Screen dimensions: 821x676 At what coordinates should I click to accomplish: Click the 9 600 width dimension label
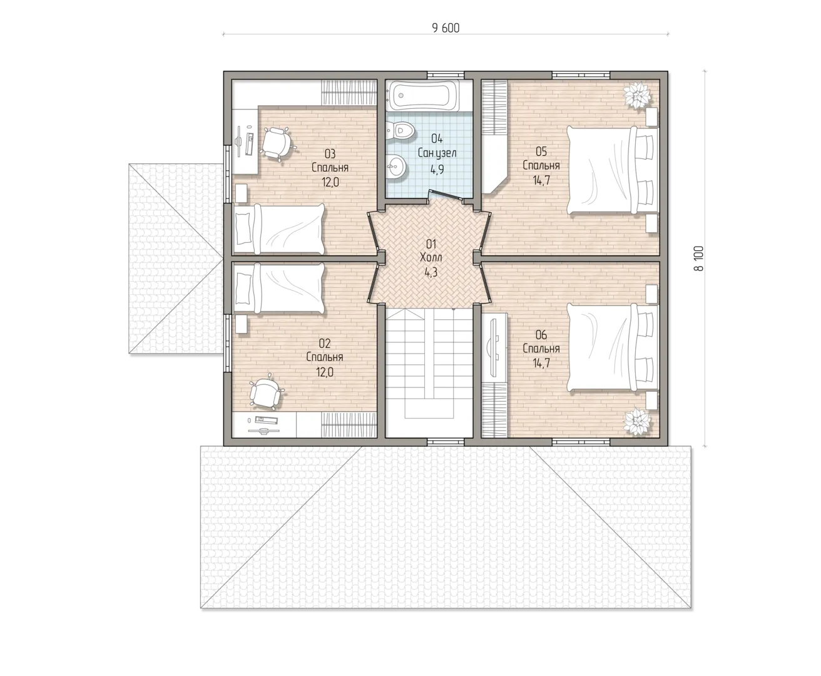(446, 28)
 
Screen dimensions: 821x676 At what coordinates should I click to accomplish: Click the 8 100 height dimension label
(699, 259)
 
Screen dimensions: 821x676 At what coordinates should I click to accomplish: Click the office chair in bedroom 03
(277, 143)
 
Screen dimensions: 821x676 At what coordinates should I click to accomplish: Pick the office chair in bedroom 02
(265, 392)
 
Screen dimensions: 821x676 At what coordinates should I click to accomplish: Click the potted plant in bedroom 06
(637, 422)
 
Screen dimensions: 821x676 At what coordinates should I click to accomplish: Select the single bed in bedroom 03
(278, 230)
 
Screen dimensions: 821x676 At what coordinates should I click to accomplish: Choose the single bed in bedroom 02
(278, 287)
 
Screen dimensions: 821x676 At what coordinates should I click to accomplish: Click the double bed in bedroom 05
(612, 170)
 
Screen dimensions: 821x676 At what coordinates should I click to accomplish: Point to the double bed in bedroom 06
(612, 348)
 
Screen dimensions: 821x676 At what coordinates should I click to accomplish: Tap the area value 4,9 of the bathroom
(437, 170)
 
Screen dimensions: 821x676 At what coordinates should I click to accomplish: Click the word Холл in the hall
(431, 258)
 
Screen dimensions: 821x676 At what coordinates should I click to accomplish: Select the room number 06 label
(541, 334)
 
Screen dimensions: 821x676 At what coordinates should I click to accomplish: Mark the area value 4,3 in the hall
(431, 272)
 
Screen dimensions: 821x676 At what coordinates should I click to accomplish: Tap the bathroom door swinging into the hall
(446, 195)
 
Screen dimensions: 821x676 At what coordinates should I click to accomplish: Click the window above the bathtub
(446, 75)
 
